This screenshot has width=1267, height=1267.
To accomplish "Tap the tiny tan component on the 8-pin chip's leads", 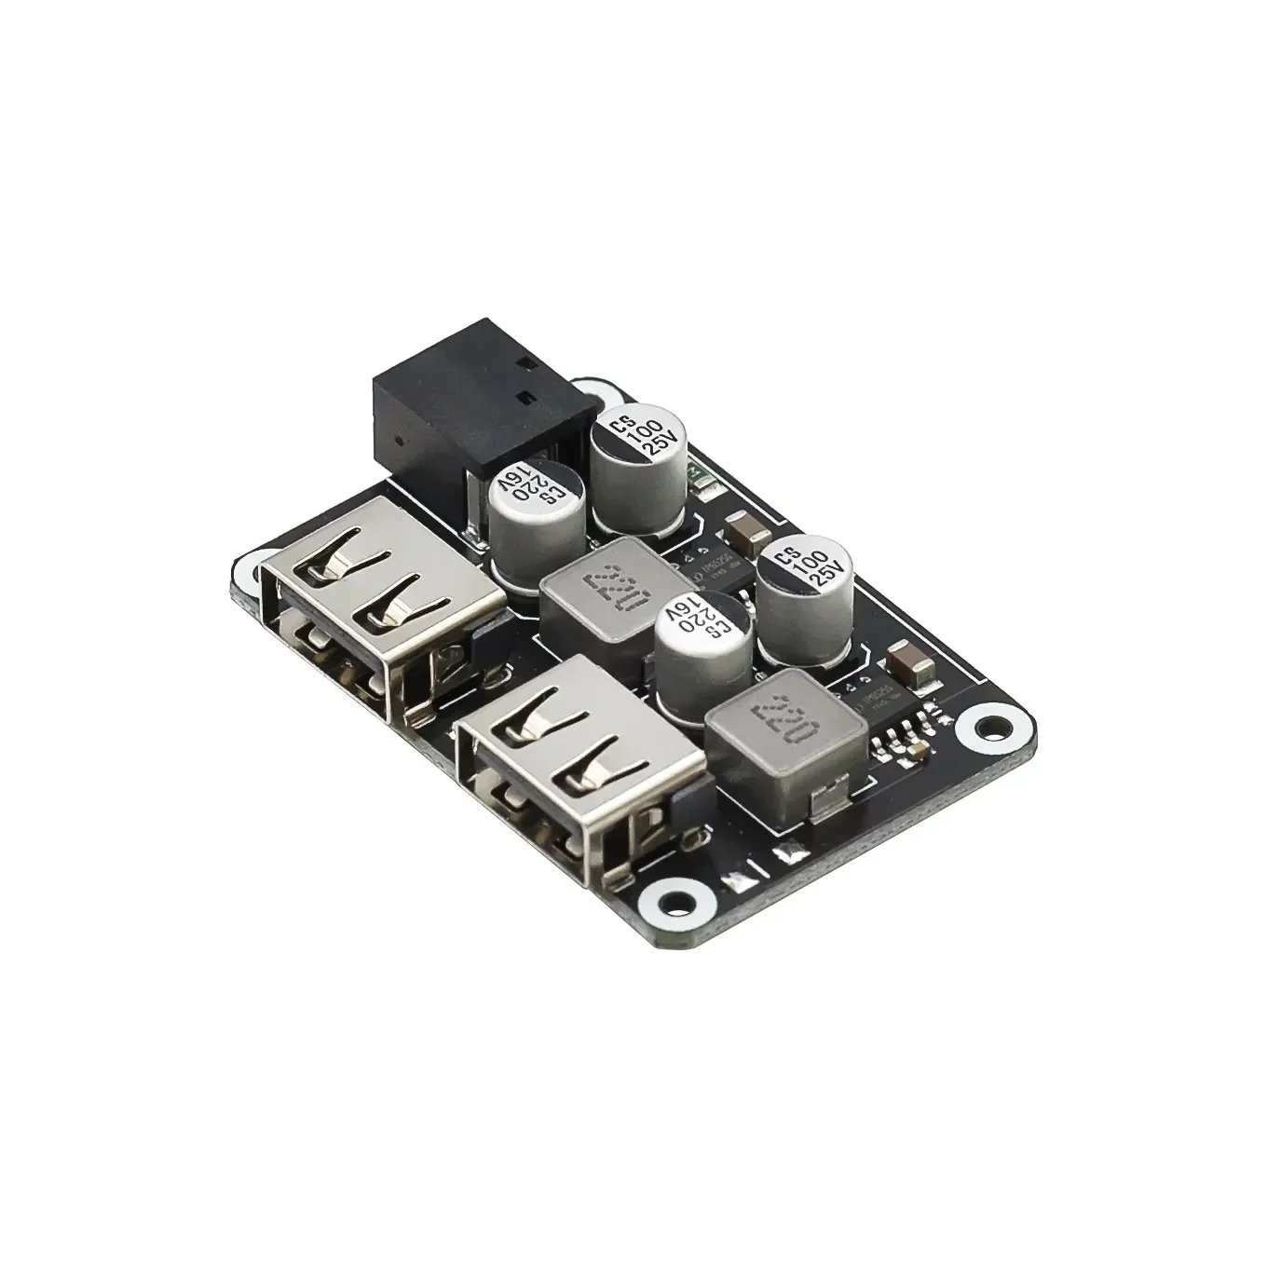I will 918,748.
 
